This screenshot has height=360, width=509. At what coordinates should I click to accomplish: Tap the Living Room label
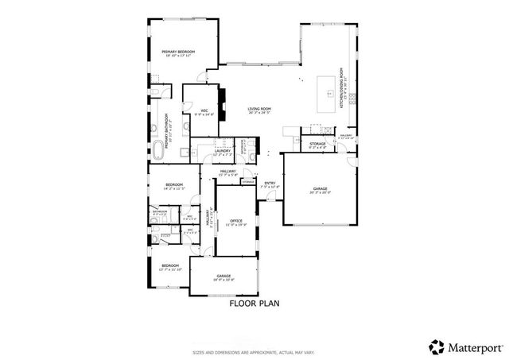[259, 110]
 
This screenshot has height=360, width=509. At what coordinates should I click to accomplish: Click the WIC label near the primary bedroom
[204, 112]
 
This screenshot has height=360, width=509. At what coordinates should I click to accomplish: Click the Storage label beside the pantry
[318, 145]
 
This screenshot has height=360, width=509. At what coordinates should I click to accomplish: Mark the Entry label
[270, 185]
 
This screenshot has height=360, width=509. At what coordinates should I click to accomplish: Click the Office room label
[235, 222]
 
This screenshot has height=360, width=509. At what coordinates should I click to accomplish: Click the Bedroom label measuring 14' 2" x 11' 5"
[173, 187]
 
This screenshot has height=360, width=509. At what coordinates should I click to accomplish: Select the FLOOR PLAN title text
[254, 303]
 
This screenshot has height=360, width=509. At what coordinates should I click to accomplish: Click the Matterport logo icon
[437, 346]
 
